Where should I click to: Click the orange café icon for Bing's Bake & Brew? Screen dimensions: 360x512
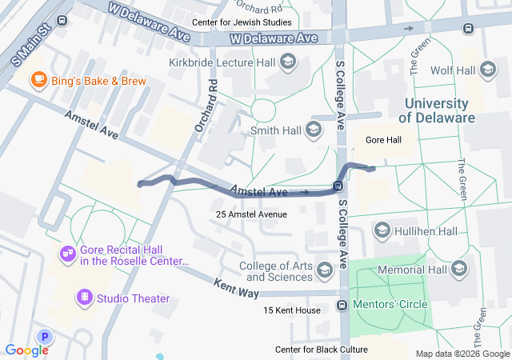tap(38, 79)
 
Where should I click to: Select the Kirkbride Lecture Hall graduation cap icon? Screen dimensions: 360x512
tap(288, 63)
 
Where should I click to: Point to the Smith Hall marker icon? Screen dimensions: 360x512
tap(314, 129)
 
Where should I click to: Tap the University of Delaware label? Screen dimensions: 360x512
tap(437, 110)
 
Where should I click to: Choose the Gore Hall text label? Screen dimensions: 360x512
tap(383, 140)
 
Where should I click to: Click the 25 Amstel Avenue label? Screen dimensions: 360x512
tap(251, 214)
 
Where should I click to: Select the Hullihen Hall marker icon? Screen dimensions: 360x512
tap(382, 231)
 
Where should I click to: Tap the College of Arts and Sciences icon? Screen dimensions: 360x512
tap(325, 270)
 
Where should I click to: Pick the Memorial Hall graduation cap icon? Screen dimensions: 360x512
tap(459, 270)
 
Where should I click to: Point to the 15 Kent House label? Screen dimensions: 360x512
tap(292, 310)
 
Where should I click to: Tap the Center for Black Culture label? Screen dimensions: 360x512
tap(322, 350)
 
